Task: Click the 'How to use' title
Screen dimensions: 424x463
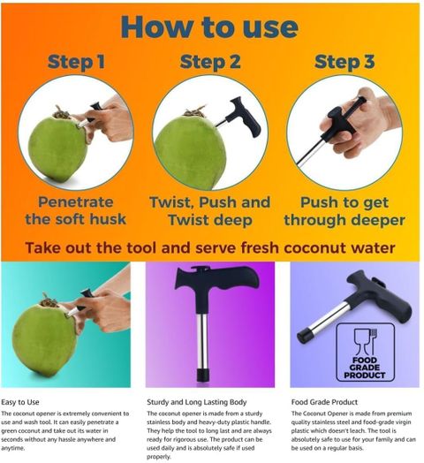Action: pos(209,27)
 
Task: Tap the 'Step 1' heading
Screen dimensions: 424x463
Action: pos(76,62)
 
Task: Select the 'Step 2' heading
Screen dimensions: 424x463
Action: pos(210,63)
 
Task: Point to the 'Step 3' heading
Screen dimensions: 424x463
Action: pos(344,63)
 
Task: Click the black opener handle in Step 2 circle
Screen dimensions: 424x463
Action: pos(245,117)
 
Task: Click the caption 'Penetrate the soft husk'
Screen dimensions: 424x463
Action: pos(76,210)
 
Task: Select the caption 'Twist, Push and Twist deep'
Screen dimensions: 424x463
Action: pos(210,211)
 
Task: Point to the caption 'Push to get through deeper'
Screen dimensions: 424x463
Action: pos(344,211)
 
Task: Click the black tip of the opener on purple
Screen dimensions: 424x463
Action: pos(203,374)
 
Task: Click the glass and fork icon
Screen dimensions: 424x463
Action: pos(366,342)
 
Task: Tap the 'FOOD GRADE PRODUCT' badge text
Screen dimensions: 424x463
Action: pos(365,368)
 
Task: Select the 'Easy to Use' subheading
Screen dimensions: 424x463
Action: pos(20,402)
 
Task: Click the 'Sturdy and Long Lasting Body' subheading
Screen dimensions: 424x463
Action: pos(197,402)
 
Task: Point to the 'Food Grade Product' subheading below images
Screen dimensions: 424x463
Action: pos(324,402)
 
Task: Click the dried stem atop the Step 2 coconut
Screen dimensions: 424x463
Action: pos(194,112)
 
